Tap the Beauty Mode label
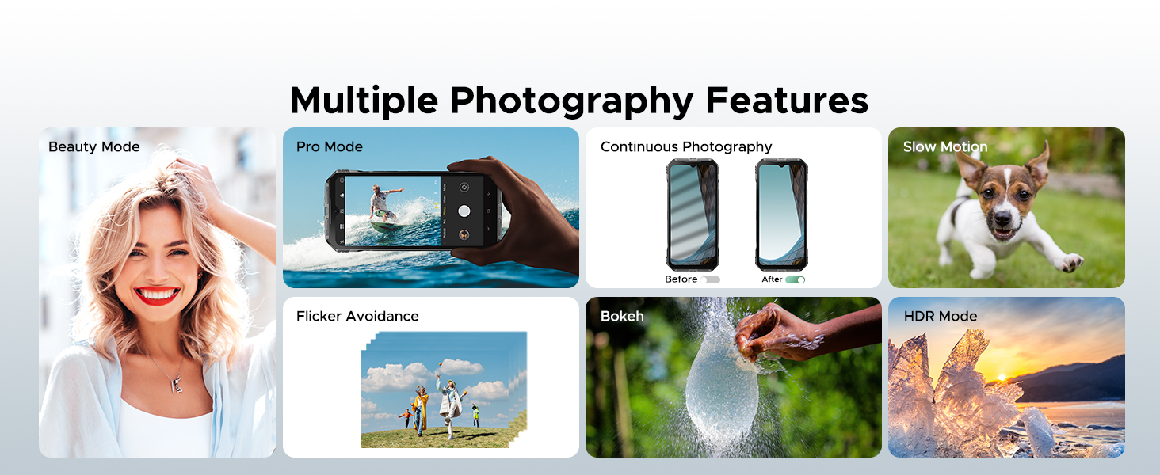pos(93,146)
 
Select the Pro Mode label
pos(329,146)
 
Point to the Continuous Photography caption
pos(685,146)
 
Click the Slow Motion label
pos(944,146)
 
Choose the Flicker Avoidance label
pos(357,316)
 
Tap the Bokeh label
pos(622,316)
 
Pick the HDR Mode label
pos(940,316)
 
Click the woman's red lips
pos(157,294)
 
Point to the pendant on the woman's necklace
pos(177,385)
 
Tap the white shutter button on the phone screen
pos(464,211)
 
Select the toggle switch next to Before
pos(710,279)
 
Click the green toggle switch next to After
pos(795,279)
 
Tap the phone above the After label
pos(780,214)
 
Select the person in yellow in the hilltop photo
pos(422,408)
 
